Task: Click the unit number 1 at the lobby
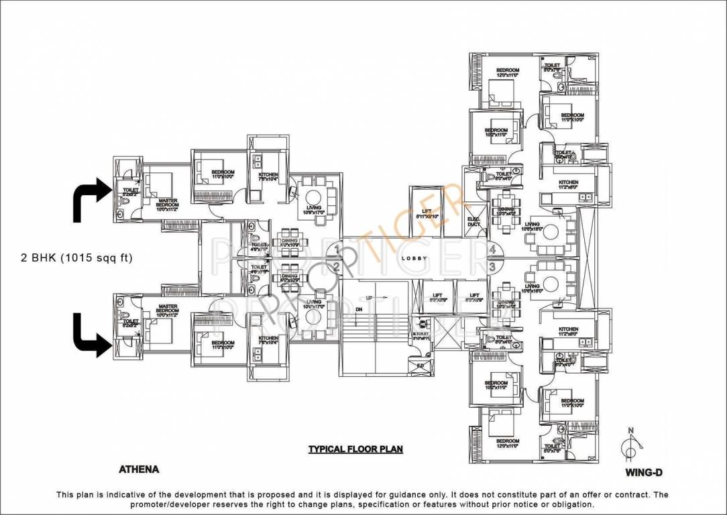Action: [336, 251]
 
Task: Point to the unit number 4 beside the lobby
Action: [492, 250]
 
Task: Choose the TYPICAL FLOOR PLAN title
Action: [355, 449]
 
